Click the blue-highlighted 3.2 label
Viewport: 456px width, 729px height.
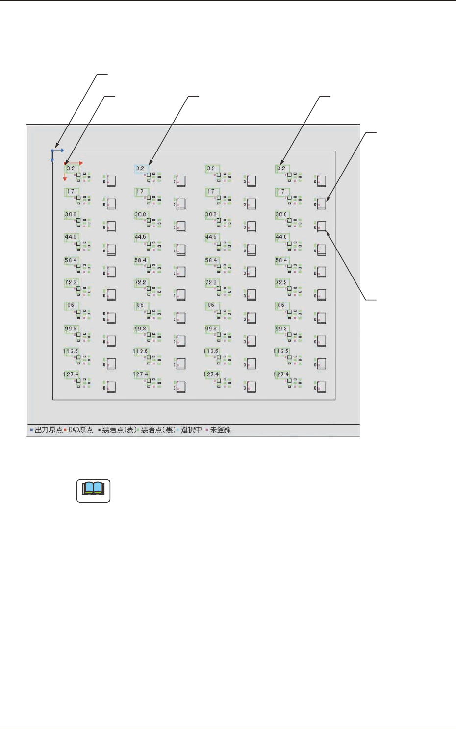point(141,169)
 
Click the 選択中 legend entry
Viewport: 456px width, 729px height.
point(191,430)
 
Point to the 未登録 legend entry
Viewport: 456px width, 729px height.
point(220,430)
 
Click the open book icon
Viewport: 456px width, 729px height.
point(93,490)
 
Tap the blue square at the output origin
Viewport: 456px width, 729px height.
point(52,151)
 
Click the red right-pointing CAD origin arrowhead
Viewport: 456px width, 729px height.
point(81,163)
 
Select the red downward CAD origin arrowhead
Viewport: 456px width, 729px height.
point(65,179)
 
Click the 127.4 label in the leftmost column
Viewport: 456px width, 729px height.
point(71,374)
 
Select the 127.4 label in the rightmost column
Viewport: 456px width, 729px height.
point(281,374)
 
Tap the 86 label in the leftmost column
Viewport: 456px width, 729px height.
point(71,305)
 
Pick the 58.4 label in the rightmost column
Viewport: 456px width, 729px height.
point(281,260)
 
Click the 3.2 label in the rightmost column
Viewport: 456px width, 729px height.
point(281,169)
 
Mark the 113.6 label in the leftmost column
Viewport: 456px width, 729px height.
point(71,352)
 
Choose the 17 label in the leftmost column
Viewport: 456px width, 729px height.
point(71,192)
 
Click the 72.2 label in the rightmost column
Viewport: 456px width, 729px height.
point(281,283)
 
